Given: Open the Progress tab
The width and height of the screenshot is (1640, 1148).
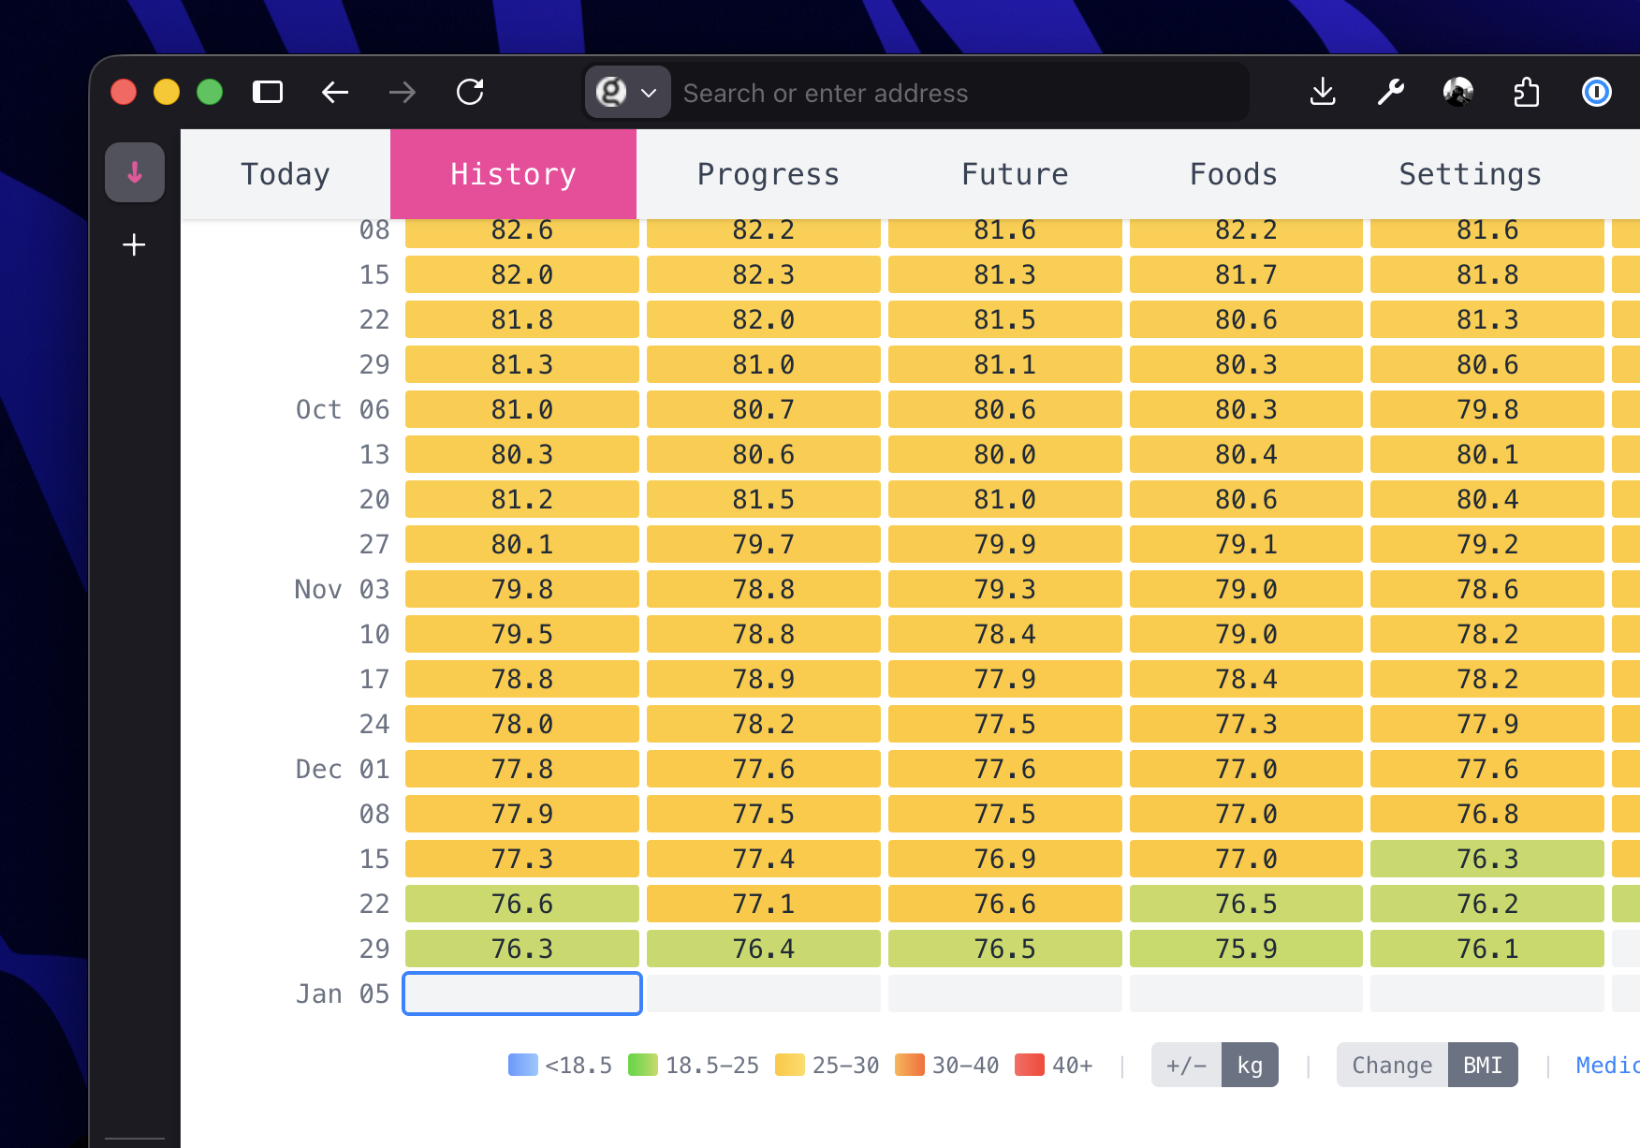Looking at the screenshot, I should click(768, 174).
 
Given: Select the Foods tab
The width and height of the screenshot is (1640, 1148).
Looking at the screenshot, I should click(1233, 174).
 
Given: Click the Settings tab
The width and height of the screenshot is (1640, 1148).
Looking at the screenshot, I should click(1470, 174).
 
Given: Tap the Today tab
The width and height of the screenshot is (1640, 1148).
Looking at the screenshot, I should click(286, 174).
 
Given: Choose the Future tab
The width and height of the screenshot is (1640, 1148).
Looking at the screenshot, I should click(1015, 174).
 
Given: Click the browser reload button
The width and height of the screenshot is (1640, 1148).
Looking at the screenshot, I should click(470, 92).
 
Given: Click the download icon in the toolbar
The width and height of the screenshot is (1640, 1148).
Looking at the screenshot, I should click(1323, 92).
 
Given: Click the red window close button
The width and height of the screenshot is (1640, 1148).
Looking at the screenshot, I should click(124, 92).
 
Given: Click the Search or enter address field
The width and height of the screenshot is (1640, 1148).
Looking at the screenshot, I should click(955, 93).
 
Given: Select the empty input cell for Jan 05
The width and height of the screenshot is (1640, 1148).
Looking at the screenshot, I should click(522, 993).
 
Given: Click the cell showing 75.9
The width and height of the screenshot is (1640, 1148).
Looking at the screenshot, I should click(1246, 949).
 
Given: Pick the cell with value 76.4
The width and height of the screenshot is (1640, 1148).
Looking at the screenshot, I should click(764, 949).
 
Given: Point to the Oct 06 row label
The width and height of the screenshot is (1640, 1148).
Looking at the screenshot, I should click(343, 409).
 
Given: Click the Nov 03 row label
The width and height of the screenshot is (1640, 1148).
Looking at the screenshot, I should click(343, 589).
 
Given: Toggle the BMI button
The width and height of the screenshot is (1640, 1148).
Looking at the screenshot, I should click(1483, 1065).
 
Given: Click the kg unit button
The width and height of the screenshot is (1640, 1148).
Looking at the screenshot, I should click(1250, 1065).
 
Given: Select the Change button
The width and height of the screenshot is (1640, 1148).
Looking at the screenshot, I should click(1392, 1065).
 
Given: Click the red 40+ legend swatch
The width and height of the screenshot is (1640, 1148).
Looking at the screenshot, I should click(1030, 1065).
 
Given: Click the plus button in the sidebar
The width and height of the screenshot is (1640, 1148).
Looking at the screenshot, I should click(135, 245).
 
